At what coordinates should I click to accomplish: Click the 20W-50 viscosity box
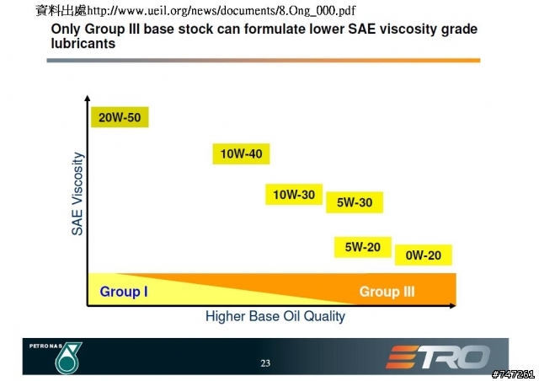(x=120, y=117)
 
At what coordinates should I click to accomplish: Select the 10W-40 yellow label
(x=242, y=153)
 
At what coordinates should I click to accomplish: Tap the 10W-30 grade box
(x=294, y=195)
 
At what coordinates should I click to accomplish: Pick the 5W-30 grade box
(x=355, y=202)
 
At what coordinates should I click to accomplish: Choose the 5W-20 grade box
(x=363, y=247)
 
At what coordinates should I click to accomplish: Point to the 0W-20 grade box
(x=423, y=255)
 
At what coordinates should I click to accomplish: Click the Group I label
(x=124, y=292)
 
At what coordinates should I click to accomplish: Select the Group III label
(x=387, y=292)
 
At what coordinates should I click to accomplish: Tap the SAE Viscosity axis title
(x=77, y=194)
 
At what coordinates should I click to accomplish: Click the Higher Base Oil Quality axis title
(x=275, y=316)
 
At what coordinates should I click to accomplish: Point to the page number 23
(x=265, y=363)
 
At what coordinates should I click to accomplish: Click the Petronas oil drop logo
(x=68, y=358)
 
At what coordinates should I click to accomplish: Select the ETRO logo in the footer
(x=439, y=357)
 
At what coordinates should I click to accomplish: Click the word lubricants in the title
(x=83, y=43)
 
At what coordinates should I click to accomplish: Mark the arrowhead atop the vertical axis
(x=88, y=98)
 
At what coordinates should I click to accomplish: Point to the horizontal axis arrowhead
(x=453, y=305)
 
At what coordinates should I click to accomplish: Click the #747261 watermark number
(x=513, y=374)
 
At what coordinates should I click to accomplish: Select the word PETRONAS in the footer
(x=45, y=346)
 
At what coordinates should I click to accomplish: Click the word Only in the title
(x=66, y=30)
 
